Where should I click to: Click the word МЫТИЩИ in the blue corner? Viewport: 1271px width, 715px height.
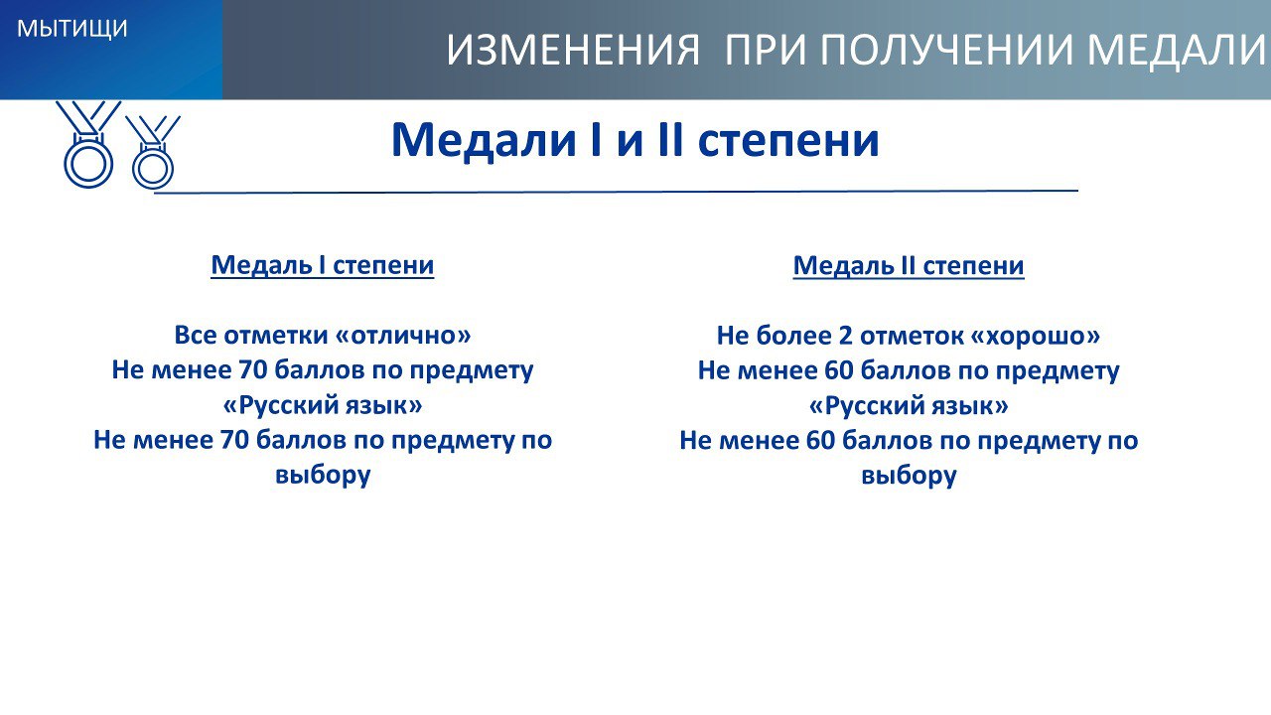click(x=72, y=29)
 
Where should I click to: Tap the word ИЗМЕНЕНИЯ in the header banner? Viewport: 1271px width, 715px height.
click(x=573, y=50)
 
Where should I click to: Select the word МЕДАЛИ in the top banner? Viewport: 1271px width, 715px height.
click(x=1178, y=50)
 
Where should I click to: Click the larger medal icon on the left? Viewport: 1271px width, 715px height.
click(x=88, y=145)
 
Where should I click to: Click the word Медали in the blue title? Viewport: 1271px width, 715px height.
click(x=484, y=140)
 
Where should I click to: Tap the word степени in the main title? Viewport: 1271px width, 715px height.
click(x=788, y=141)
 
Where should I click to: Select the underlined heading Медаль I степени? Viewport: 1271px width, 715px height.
click(x=323, y=265)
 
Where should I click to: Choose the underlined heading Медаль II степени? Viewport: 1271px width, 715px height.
click(x=909, y=265)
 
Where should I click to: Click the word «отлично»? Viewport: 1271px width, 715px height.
click(x=403, y=335)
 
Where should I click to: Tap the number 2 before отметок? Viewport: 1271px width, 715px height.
click(x=845, y=336)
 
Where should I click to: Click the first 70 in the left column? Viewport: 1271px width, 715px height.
click(x=252, y=370)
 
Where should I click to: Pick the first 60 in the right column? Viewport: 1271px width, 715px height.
click(x=839, y=370)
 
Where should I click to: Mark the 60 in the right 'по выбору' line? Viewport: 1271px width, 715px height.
click(x=820, y=440)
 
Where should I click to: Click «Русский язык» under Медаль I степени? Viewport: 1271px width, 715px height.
click(x=323, y=405)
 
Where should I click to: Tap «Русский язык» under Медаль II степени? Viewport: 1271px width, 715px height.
click(x=909, y=406)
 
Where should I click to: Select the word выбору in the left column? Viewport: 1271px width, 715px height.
click(x=323, y=475)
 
